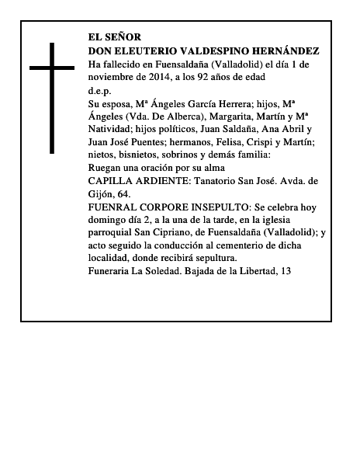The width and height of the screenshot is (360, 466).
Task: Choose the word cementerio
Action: pos(247,245)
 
